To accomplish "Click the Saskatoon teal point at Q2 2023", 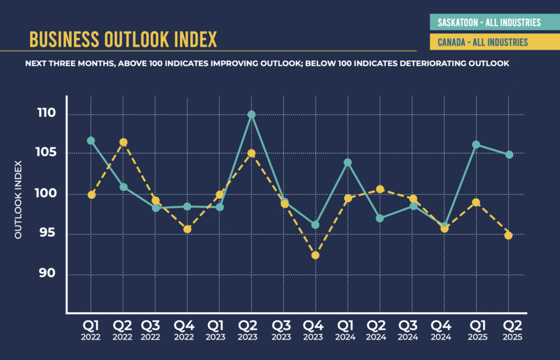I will tap(251, 114).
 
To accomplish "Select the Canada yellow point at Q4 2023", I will tap(315, 255).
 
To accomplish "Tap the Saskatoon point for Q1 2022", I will tap(91, 141).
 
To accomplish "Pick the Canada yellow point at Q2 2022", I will tap(123, 142).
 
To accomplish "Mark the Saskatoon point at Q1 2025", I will tap(476, 145).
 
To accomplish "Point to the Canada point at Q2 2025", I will tap(509, 236).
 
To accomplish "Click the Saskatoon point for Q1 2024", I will tap(348, 163).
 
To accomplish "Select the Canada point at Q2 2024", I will tap(380, 189).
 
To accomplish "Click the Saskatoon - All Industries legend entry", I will tap(489, 23).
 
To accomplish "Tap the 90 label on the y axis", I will tap(46, 274).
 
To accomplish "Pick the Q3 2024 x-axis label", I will tap(412, 330).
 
